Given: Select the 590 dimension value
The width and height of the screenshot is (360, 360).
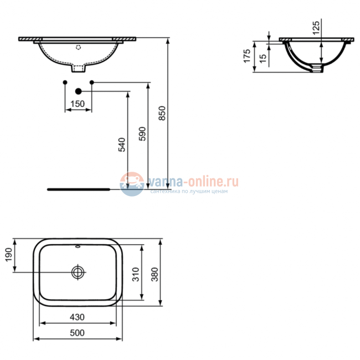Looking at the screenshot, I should pyautogui.click(x=142, y=134).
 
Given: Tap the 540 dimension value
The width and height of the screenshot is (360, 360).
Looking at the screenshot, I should pyautogui.click(x=122, y=144).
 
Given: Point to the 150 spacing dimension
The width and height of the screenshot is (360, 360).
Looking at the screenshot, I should pyautogui.click(x=78, y=104).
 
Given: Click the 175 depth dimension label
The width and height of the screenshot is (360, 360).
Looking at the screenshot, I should pyautogui.click(x=248, y=56).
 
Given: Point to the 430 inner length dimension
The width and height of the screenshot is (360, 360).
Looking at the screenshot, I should pyautogui.click(x=78, y=317).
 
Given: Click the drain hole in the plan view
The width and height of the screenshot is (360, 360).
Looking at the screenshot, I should pyautogui.click(x=78, y=271).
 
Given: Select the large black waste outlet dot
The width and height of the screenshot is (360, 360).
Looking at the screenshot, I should pyautogui.click(x=78, y=91).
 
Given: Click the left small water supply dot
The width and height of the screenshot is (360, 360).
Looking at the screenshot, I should pyautogui.click(x=65, y=83).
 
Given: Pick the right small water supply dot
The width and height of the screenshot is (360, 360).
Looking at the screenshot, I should pyautogui.click(x=91, y=83).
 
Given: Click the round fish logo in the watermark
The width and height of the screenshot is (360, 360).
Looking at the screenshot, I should pyautogui.click(x=132, y=183).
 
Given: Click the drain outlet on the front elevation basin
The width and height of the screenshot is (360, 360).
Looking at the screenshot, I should pyautogui.click(x=79, y=70).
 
